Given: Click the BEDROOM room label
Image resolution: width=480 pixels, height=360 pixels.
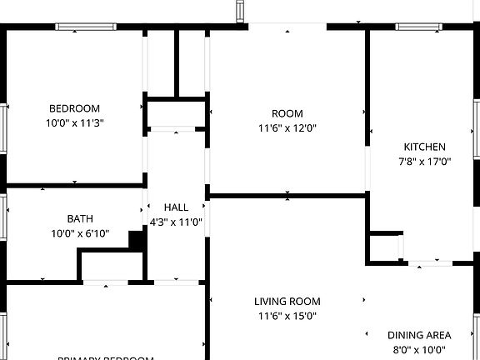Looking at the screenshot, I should click(75, 108).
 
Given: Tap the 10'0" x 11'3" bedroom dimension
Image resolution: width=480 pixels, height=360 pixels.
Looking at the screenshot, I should click(75, 122).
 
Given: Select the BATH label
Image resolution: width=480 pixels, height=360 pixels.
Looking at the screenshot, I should click(80, 219).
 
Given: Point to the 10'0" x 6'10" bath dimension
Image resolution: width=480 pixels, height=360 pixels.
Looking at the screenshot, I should click(80, 234).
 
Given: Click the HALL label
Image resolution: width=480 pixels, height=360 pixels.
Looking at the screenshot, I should click(176, 207).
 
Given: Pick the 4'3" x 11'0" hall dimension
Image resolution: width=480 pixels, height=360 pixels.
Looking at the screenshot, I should click(176, 222).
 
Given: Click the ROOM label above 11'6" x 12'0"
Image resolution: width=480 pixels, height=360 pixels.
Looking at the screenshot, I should click(287, 113).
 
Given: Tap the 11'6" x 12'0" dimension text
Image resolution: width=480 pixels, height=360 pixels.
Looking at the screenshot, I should click(287, 128).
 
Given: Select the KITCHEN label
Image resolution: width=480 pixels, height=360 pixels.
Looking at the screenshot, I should click(425, 147).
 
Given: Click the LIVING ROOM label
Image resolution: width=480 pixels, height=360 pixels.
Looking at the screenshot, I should click(287, 302).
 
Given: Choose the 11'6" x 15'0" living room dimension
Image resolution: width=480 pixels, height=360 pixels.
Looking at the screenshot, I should click(287, 317).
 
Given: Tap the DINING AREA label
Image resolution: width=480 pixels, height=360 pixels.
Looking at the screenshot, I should click(419, 335).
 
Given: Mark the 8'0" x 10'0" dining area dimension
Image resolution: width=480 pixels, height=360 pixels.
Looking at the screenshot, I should click(419, 350).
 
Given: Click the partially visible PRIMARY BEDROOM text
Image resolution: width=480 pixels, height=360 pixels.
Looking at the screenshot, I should click(106, 357).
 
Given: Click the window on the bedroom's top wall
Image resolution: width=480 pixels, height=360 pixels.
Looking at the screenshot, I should click(86, 27).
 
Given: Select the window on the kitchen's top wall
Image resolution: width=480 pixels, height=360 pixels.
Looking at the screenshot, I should click(419, 27).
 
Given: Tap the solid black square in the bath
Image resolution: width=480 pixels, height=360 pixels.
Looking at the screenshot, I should click(137, 239).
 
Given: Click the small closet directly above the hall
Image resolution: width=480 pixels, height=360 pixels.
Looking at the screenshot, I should click(176, 114).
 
